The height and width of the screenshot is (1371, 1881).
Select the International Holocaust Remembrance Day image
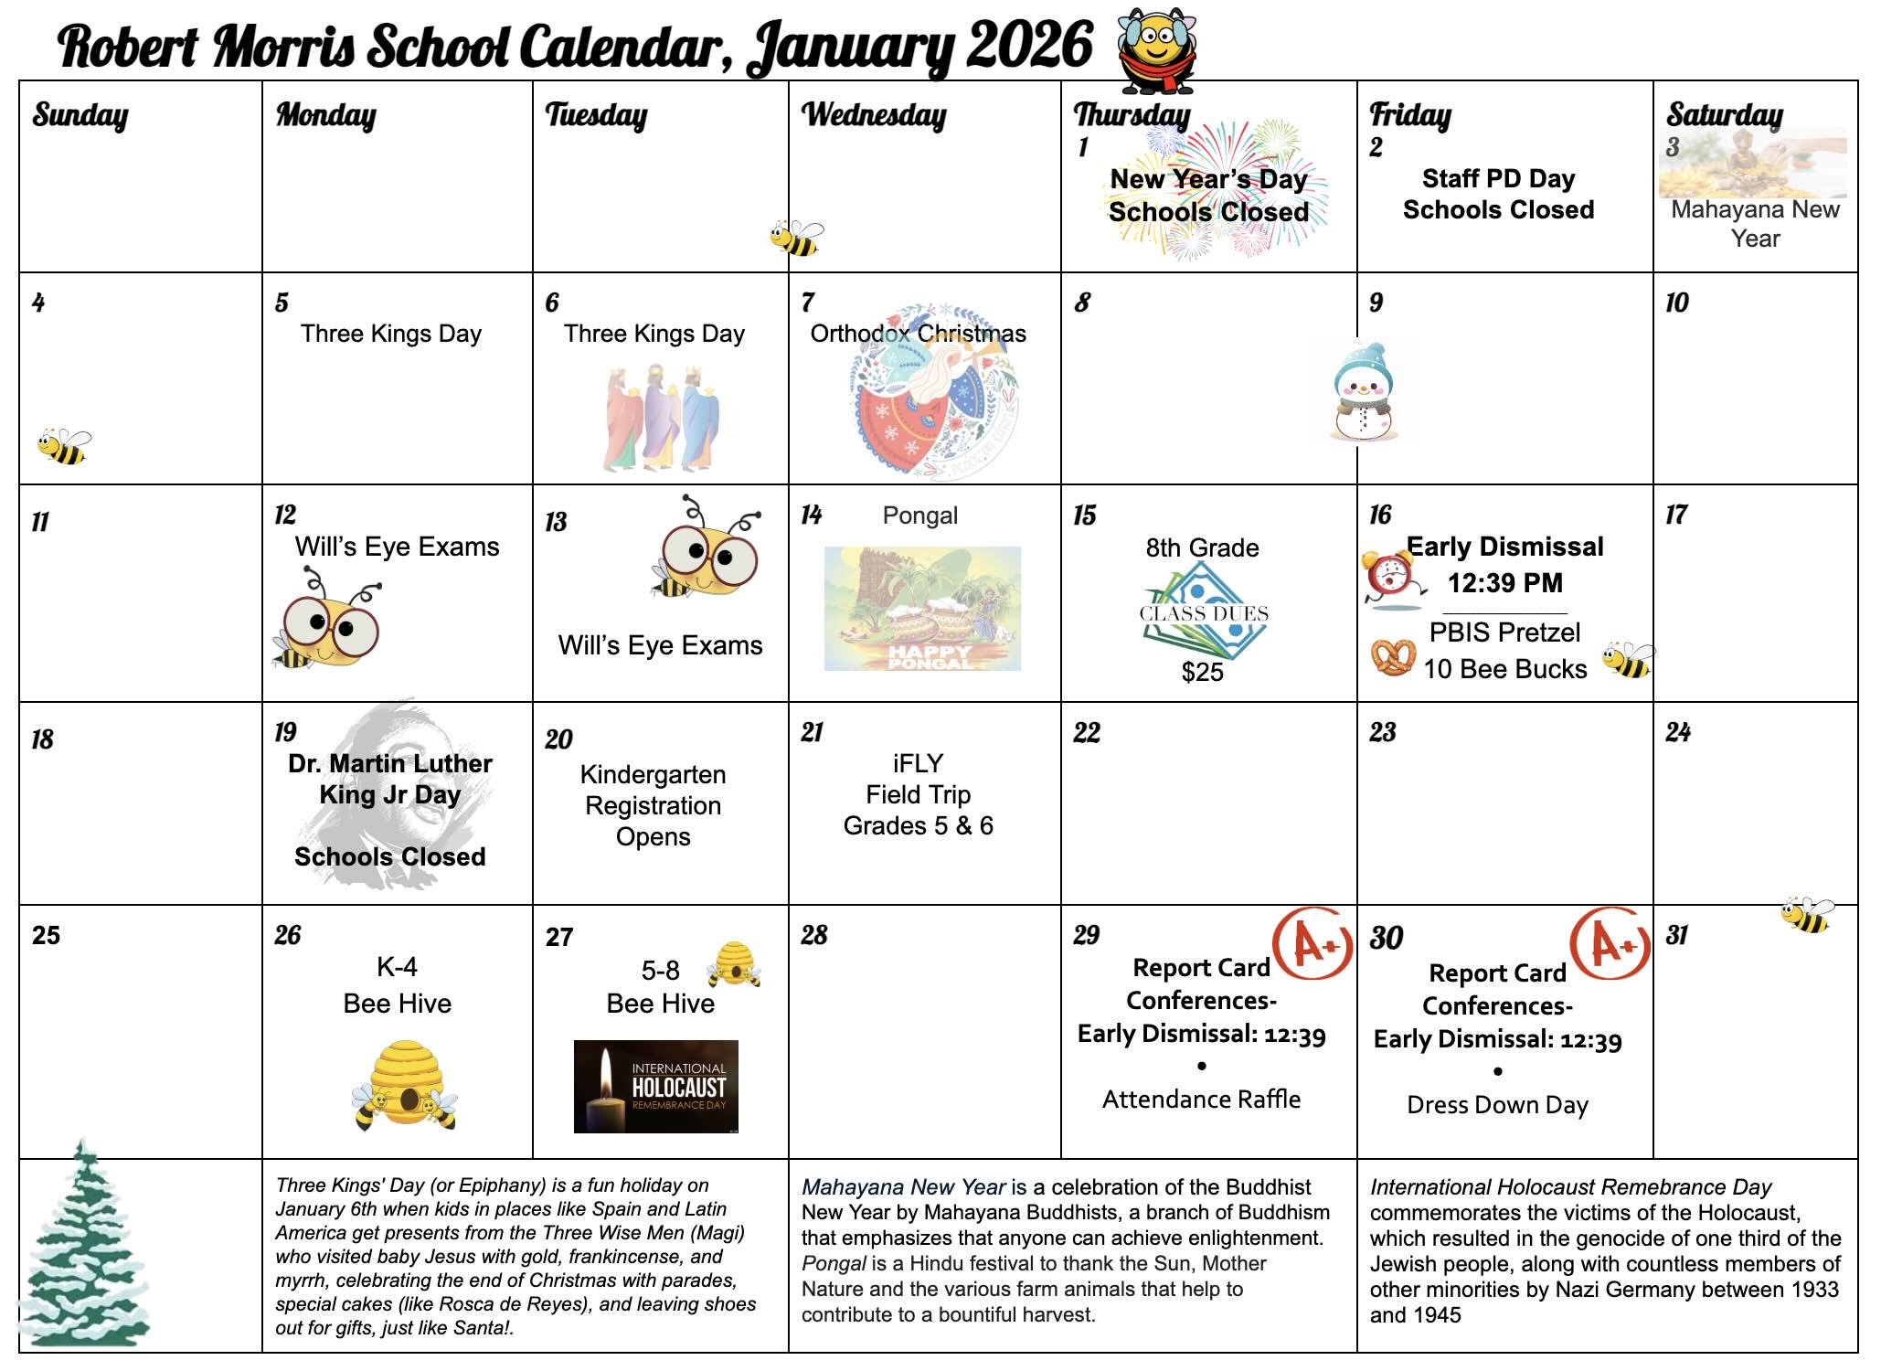(655, 1087)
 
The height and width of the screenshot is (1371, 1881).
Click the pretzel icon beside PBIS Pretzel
(1392, 657)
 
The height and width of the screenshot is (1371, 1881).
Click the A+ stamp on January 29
(1312, 943)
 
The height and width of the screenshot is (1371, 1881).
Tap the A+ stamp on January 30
(1610, 944)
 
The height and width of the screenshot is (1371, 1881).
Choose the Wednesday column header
(874, 115)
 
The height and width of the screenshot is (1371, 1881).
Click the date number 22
(1087, 732)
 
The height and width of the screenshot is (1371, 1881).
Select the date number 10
(1676, 303)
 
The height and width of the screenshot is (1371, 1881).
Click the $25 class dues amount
(1202, 673)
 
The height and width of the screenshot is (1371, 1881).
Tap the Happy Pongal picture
(922, 609)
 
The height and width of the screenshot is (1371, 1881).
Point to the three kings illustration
(661, 418)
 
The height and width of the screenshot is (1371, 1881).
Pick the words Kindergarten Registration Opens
(653, 805)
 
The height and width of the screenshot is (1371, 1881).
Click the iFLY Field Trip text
(918, 794)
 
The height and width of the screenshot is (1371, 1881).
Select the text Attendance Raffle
(1201, 1100)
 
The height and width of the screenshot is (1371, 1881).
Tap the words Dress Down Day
(1497, 1105)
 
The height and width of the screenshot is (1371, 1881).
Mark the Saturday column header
(1724, 115)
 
